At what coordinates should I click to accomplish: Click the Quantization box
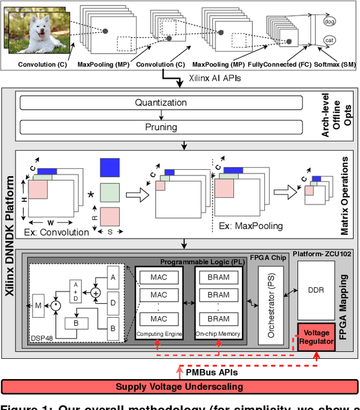pyautogui.click(x=161, y=102)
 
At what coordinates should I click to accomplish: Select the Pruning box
pyautogui.click(x=161, y=128)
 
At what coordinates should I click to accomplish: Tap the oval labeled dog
pyautogui.click(x=330, y=21)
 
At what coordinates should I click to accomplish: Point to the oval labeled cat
pyautogui.click(x=330, y=40)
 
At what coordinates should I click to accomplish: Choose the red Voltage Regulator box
pyautogui.click(x=317, y=337)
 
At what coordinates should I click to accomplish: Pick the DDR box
pyautogui.click(x=316, y=290)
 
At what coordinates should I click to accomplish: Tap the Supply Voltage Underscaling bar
pyautogui.click(x=179, y=386)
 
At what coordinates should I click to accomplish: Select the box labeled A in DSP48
pyautogui.click(x=113, y=277)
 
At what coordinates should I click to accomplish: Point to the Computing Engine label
pyautogui.click(x=159, y=335)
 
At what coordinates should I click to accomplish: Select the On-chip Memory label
pyautogui.click(x=218, y=335)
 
